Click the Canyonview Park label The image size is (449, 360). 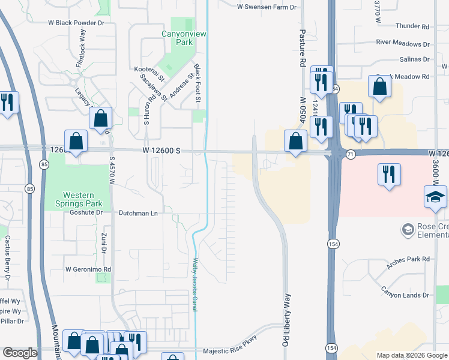pyautogui.click(x=184, y=38)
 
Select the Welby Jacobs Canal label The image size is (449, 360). pyautogui.click(x=195, y=284)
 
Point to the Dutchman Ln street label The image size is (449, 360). pyautogui.click(x=138, y=213)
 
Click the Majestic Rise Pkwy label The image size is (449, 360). pyautogui.click(x=231, y=351)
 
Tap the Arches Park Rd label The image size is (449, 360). pyautogui.click(x=410, y=259)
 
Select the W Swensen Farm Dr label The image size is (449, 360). pyautogui.click(x=267, y=7)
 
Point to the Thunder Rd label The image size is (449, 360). pyautogui.click(x=413, y=27)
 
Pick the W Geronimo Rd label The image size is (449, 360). pyautogui.click(x=88, y=269)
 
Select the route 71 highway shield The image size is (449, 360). pyautogui.click(x=350, y=154)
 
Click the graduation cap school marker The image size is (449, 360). pyautogui.click(x=435, y=197)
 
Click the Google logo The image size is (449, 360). pyautogui.click(x=20, y=353)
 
